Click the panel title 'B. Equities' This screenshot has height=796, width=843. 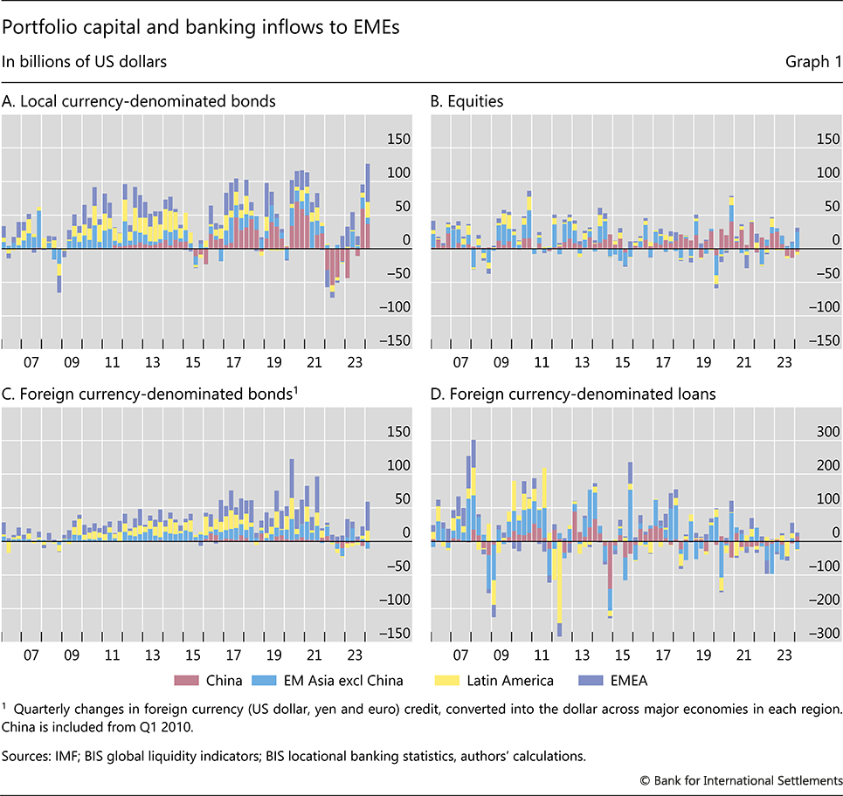pyautogui.click(x=467, y=101)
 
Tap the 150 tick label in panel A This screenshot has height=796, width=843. pyautogui.click(x=398, y=139)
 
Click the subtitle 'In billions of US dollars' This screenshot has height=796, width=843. pyautogui.click(x=84, y=62)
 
